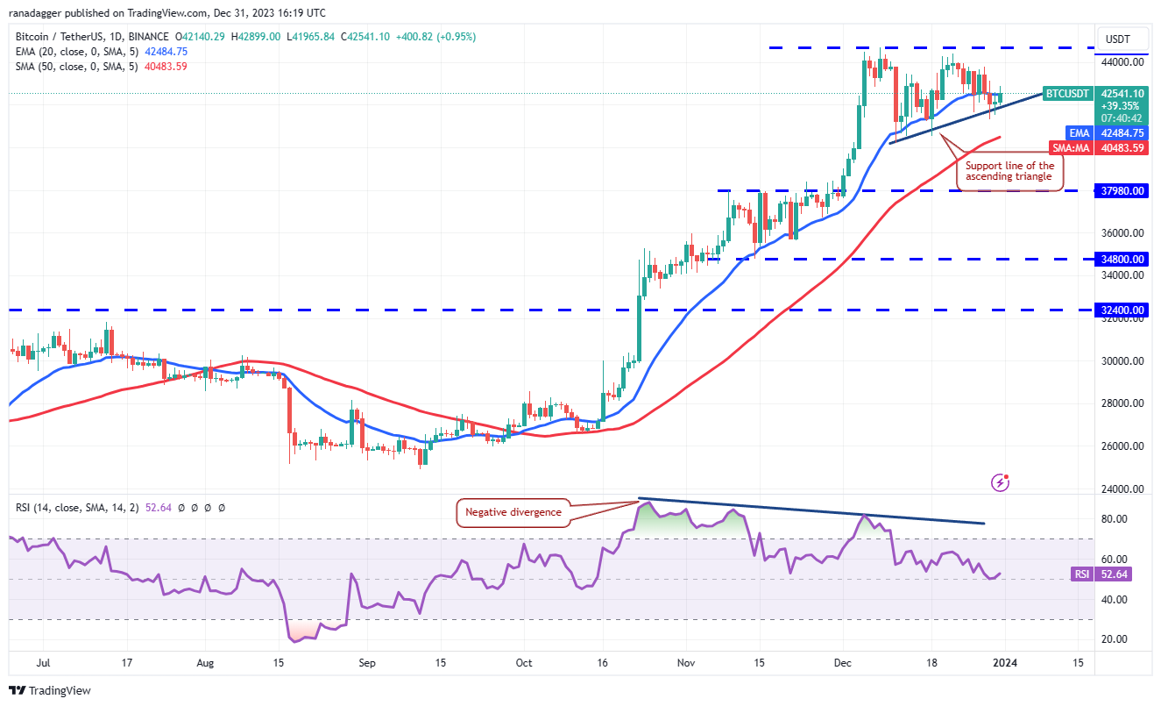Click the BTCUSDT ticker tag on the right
1067,93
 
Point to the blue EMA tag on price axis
1080,132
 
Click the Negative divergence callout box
513,512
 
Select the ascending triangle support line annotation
1009,171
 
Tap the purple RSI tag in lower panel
1080,574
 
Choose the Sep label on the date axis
367,663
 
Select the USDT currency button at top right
1118,39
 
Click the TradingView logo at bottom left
49,690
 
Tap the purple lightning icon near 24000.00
1001,481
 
